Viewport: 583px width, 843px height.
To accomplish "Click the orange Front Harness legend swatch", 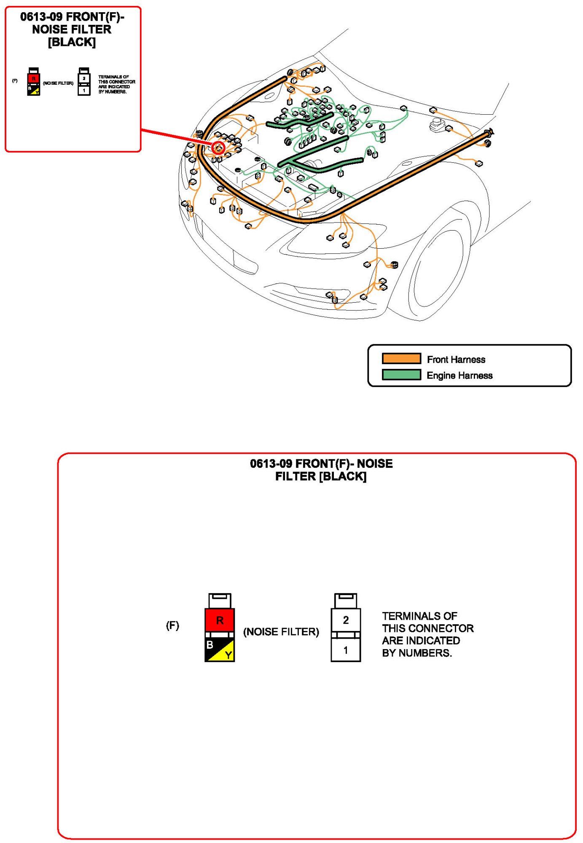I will [x=401, y=359].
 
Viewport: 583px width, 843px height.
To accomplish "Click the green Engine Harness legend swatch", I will [x=401, y=375].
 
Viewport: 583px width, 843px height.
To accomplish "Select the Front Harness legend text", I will [x=456, y=360].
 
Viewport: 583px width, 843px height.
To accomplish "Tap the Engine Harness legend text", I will [x=459, y=376].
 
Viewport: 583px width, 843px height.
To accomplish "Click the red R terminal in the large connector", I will [x=220, y=620].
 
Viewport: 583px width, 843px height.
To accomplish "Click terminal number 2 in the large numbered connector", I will [x=346, y=620].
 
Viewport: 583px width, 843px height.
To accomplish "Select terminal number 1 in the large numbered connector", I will [x=346, y=650].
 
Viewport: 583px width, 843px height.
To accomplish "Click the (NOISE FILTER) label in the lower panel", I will [x=281, y=632].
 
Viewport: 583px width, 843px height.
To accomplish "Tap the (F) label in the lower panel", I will [x=172, y=626].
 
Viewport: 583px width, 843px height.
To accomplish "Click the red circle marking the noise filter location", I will [x=218, y=148].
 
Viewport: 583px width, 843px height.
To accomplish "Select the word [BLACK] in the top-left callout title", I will [x=72, y=43].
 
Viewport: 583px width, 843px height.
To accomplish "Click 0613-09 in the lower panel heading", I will [x=271, y=464].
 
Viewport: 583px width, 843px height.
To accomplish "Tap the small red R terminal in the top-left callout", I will [x=34, y=79].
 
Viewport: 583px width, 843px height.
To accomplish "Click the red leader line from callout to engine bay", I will [x=177, y=137].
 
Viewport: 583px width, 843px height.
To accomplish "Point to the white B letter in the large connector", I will [x=210, y=645].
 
